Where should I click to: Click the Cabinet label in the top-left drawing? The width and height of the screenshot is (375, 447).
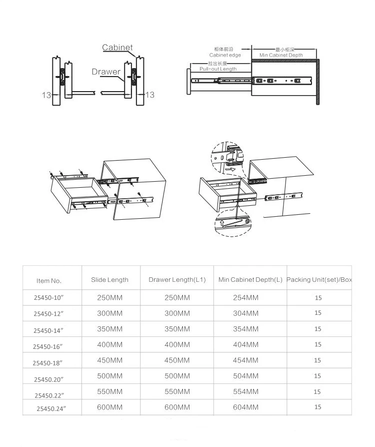[x=117, y=48]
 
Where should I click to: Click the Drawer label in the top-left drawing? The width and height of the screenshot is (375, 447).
[x=106, y=72]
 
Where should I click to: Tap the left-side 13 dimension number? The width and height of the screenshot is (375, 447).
[x=46, y=95]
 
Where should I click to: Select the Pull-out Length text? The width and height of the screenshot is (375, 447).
[x=218, y=69]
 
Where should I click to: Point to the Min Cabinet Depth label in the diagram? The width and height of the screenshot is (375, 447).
[x=281, y=55]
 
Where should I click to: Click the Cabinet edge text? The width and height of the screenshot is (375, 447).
[x=225, y=55]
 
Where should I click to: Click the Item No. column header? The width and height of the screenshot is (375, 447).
[x=49, y=281]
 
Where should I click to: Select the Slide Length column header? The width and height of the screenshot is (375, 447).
[x=109, y=280]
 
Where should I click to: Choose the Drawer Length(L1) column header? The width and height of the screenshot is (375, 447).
[x=177, y=280]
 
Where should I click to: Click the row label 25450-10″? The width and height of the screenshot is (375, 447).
[x=49, y=298]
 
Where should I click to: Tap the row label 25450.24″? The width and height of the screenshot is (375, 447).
[x=51, y=408]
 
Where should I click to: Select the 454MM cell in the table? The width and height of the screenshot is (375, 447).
[x=245, y=360]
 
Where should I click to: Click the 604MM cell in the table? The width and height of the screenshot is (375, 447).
[x=245, y=407]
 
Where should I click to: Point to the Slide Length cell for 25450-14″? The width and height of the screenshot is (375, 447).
[x=109, y=329]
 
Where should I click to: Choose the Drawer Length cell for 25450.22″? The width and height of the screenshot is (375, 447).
[x=177, y=392]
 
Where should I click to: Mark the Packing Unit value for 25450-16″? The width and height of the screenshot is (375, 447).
[x=318, y=345]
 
